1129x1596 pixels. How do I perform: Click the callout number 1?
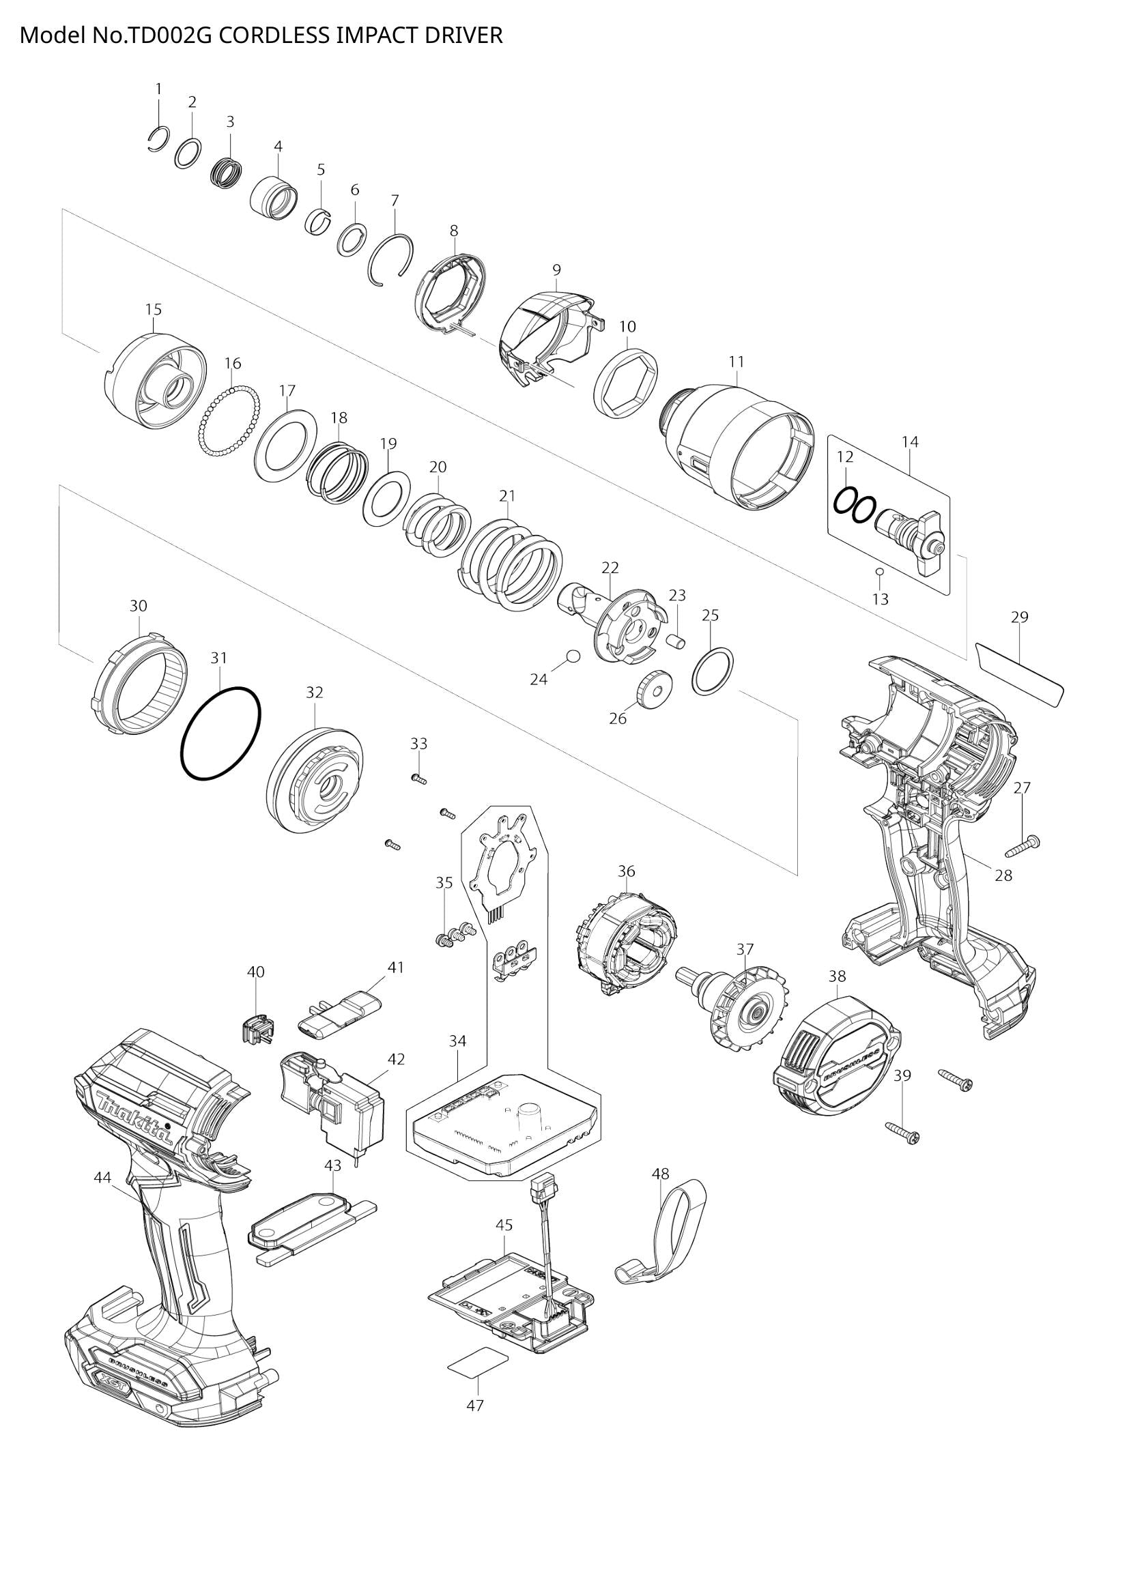158,89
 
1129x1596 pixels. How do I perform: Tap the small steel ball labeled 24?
573,656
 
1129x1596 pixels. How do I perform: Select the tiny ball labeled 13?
879,571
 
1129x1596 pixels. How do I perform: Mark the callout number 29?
1019,618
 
